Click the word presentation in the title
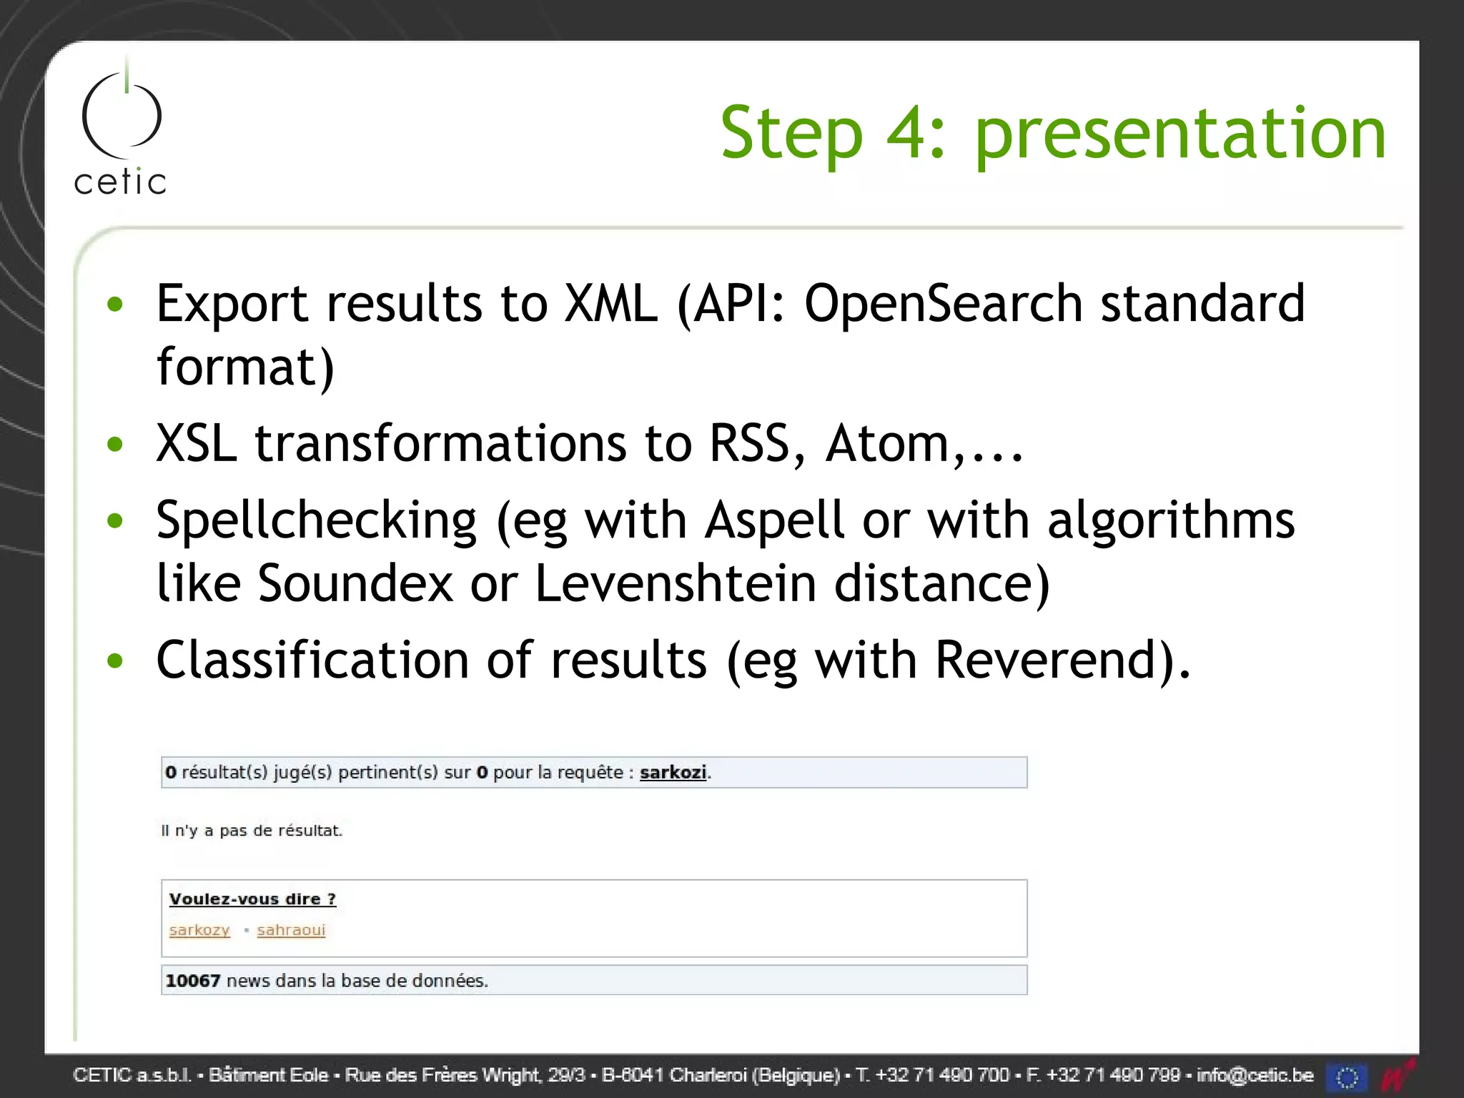(1180, 134)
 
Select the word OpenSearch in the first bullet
(944, 303)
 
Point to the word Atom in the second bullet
(887, 443)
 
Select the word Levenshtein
(675, 583)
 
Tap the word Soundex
(355, 583)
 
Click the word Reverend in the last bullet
(1047, 659)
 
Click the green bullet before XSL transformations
(115, 445)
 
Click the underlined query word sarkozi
(673, 772)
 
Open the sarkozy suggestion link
(199, 930)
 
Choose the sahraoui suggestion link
(291, 930)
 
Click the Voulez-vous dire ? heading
(252, 899)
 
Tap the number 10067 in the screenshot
(192, 981)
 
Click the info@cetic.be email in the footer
(1255, 1075)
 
